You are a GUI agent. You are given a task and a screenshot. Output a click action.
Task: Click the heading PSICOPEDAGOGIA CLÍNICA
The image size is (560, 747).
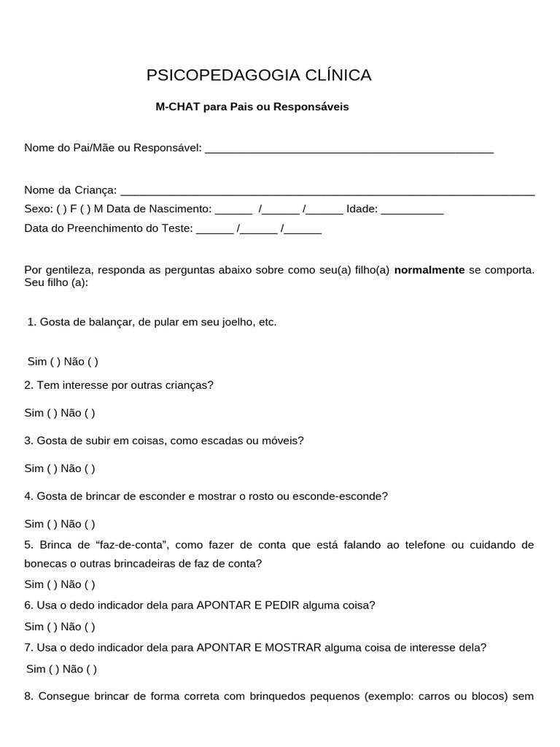259,75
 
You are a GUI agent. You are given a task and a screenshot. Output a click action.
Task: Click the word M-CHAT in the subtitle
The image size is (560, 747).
177,107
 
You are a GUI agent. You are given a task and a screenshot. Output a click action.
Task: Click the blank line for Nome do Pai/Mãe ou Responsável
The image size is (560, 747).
349,149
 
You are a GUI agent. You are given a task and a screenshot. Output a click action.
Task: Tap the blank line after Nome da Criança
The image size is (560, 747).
327,190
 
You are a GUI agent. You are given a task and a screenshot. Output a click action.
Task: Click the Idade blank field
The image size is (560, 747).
412,209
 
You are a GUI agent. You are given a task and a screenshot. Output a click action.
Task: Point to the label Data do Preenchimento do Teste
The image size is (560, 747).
109,228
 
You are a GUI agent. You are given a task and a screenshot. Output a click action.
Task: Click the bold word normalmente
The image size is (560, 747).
429,270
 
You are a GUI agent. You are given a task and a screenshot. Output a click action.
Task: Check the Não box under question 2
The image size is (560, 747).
90,413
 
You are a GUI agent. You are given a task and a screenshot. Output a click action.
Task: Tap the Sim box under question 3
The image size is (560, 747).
52,468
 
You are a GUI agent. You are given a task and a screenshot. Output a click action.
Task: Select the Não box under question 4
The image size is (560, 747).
90,524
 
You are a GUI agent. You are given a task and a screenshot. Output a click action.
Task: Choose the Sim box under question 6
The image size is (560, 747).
52,627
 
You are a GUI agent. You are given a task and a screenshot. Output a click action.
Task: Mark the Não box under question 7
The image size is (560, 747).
91,669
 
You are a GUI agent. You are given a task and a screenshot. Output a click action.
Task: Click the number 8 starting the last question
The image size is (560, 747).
28,696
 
